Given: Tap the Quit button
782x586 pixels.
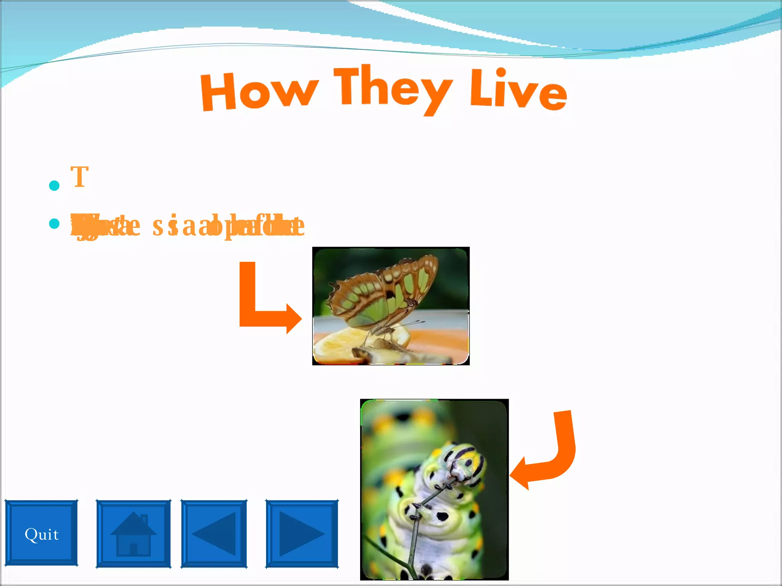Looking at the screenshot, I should tap(41, 533).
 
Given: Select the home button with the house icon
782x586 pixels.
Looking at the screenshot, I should tap(133, 533).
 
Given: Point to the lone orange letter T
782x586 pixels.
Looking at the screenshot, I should tap(80, 177).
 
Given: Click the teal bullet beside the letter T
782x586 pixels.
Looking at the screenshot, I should tap(55, 186).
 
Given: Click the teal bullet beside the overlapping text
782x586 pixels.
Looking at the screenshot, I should tap(55, 224).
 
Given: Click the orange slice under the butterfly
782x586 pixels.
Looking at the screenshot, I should tap(344, 343).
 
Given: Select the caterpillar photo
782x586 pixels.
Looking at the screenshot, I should tap(434, 489).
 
